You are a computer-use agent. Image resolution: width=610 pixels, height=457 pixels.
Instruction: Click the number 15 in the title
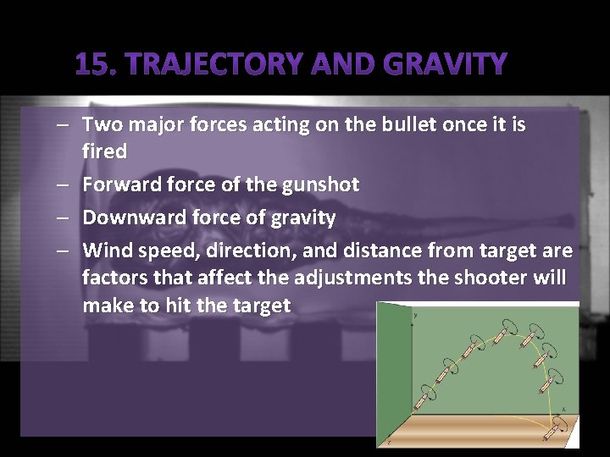click(x=91, y=64)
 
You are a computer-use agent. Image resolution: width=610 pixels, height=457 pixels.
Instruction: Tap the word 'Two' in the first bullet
click(x=101, y=125)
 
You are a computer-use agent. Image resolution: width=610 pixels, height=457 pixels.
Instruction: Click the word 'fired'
click(x=104, y=152)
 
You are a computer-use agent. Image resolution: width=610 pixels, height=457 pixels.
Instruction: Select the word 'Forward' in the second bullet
click(x=119, y=184)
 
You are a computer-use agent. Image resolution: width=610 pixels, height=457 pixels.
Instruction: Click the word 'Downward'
click(x=129, y=217)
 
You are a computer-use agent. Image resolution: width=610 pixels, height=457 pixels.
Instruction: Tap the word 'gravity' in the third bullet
click(x=302, y=217)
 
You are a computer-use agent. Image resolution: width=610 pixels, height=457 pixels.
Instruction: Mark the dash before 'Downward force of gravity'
click(x=64, y=217)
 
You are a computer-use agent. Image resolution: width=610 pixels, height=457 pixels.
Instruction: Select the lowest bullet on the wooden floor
click(x=555, y=427)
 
